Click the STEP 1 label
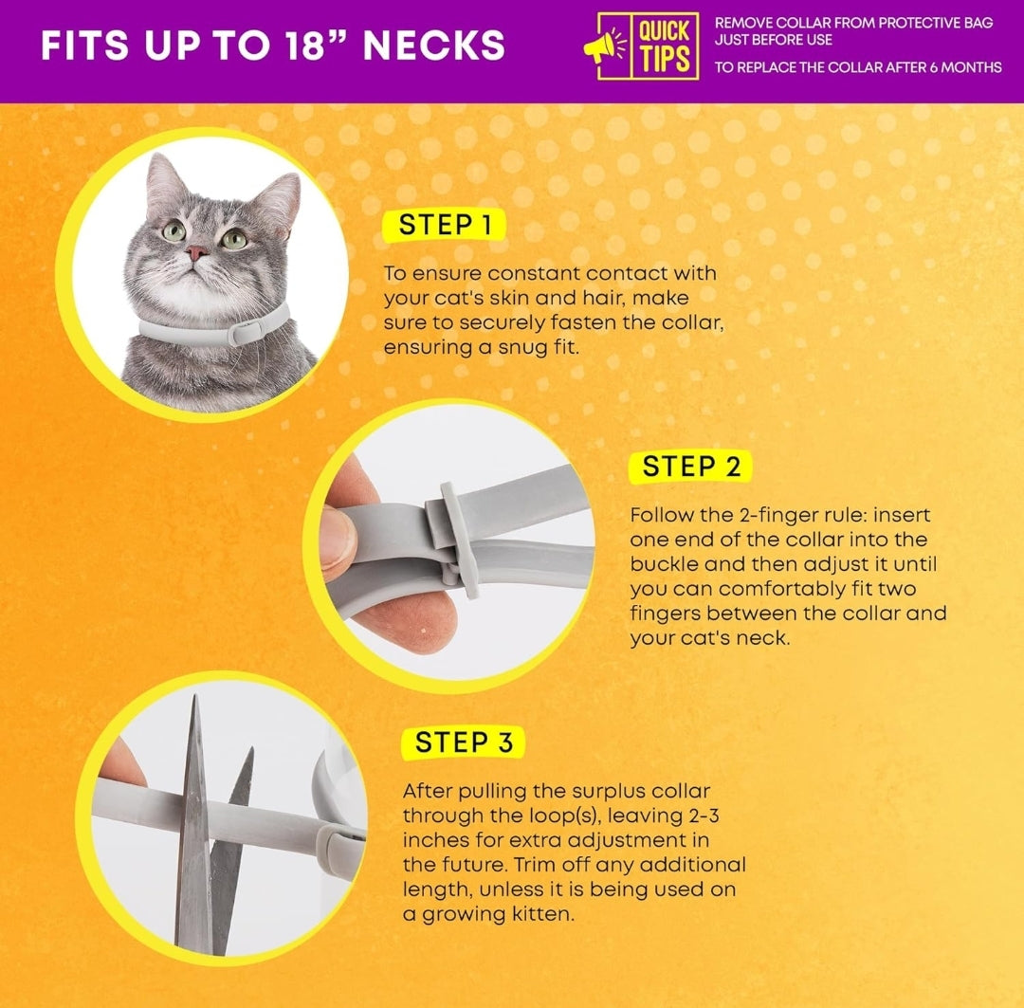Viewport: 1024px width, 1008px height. pyautogui.click(x=444, y=225)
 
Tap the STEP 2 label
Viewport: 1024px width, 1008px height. pyautogui.click(x=691, y=467)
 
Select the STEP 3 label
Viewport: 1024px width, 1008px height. pyautogui.click(x=464, y=742)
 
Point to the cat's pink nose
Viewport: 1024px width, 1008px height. pyautogui.click(x=196, y=252)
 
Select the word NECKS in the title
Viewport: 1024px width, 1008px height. pyautogui.click(x=434, y=46)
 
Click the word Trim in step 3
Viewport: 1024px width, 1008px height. pyautogui.click(x=534, y=865)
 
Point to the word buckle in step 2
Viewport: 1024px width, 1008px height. pyautogui.click(x=665, y=564)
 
